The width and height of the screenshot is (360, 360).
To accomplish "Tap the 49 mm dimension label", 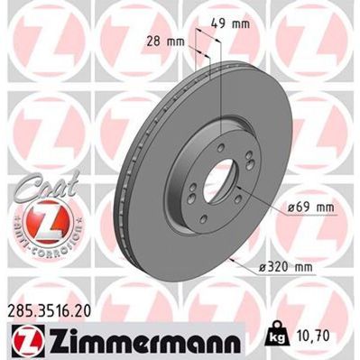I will coord(236,23).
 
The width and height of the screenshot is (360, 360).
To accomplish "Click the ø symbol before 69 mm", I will coord(270,208).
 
